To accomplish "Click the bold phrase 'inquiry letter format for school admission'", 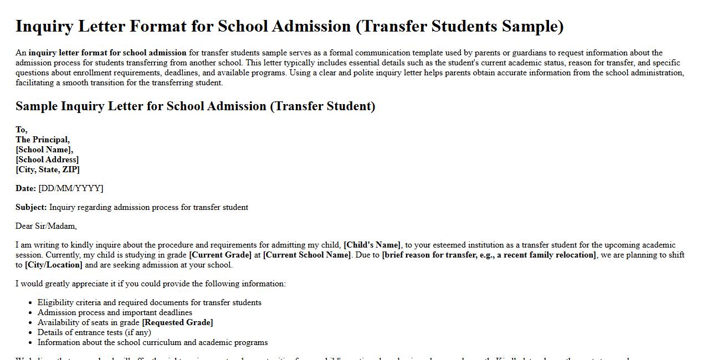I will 107,53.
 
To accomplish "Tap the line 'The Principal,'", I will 43,140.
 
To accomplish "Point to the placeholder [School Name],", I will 44,150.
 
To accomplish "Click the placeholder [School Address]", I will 47,160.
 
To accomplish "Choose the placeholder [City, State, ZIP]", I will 48,169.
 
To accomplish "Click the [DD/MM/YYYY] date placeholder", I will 71,188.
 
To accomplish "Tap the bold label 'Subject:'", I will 31,207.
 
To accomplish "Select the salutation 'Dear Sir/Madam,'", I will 46,226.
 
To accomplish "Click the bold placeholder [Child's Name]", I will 372,245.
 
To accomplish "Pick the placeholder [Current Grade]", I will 220,255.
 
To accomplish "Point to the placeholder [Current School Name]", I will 307,255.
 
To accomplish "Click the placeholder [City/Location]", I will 54,265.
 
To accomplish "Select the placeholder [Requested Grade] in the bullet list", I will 177,322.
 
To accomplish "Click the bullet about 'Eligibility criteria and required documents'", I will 149,302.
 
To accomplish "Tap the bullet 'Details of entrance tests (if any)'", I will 94,332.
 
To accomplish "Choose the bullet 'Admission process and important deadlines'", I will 115,312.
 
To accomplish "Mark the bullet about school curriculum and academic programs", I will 152,342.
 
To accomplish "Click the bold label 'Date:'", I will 25,188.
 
